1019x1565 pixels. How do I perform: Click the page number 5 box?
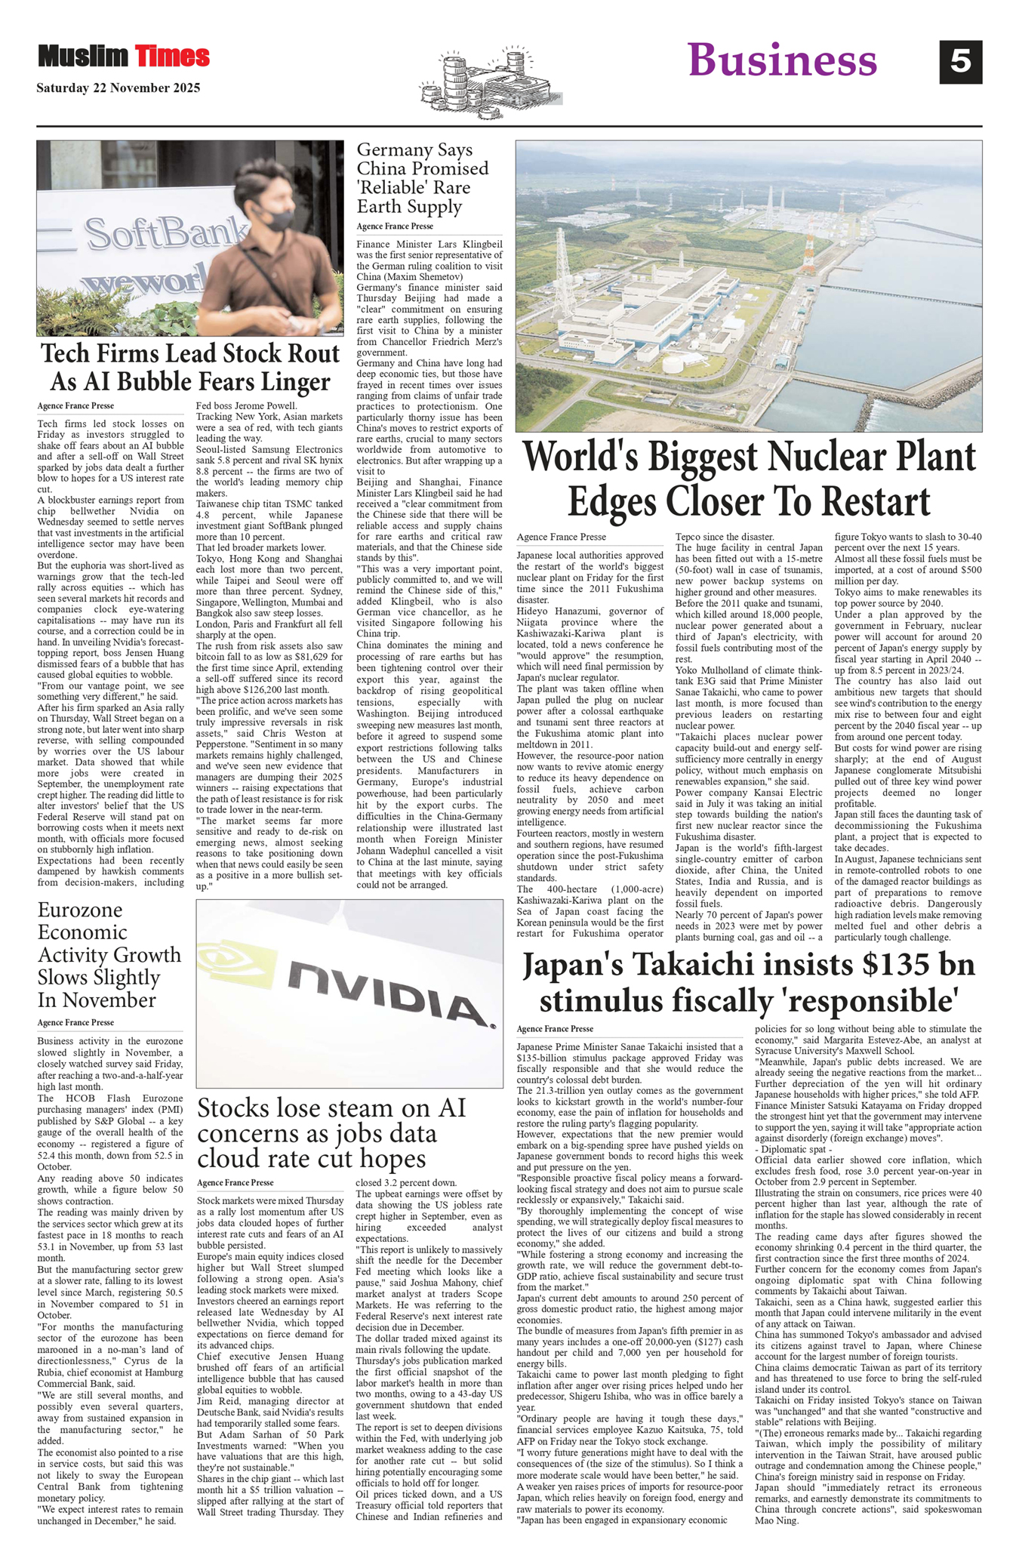960,62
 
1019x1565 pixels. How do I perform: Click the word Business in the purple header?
782,60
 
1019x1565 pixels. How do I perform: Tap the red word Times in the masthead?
172,56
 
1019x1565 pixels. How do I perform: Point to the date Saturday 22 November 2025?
119,88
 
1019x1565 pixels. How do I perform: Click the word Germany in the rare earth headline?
393,149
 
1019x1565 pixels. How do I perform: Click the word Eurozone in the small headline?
80,910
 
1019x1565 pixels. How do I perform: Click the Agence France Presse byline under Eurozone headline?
75,1022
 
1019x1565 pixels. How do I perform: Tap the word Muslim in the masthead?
83,56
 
